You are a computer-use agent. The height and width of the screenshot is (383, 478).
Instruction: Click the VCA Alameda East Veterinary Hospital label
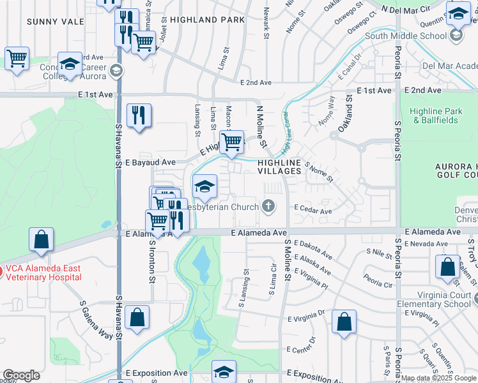43,273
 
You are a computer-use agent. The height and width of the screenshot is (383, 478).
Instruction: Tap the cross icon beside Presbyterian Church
268,206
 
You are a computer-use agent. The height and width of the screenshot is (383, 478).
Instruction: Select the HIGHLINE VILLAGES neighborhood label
279,167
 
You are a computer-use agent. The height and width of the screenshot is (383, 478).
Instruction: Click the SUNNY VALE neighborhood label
56,22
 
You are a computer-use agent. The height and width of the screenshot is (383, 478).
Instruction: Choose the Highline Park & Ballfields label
436,116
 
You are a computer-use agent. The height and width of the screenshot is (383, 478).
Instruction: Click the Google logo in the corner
21,375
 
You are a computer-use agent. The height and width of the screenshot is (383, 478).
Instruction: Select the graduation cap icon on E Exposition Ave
224,372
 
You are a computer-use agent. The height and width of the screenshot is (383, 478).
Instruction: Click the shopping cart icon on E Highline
231,141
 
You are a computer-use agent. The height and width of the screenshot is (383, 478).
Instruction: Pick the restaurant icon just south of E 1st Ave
139,116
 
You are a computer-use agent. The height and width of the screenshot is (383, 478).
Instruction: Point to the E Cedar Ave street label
312,211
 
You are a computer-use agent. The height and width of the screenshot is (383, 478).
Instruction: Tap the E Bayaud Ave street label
150,163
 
